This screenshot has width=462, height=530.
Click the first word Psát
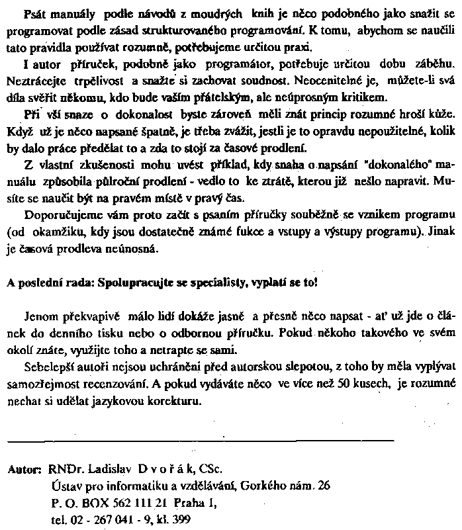click(33, 15)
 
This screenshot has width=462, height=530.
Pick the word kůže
click(441, 114)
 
